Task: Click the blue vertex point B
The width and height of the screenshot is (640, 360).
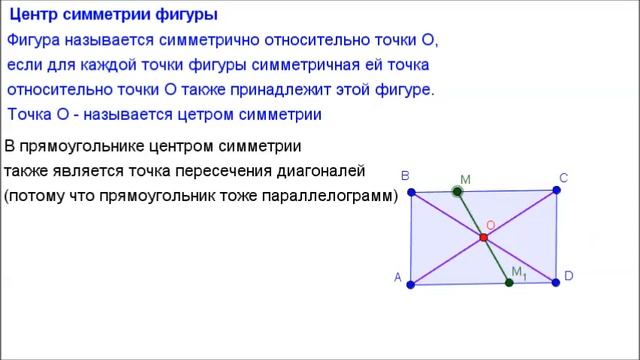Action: tap(411, 192)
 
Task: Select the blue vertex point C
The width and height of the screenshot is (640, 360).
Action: tap(556, 190)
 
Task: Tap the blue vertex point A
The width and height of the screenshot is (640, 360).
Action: tap(411, 284)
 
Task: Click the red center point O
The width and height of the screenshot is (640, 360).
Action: tap(483, 237)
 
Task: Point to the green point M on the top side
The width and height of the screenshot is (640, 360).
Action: tap(457, 191)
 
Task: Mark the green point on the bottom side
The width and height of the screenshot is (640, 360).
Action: tap(509, 283)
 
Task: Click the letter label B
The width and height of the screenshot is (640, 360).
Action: tap(405, 176)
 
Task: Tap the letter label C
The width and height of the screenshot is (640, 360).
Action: tap(564, 177)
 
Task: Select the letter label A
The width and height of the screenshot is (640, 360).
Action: tap(398, 279)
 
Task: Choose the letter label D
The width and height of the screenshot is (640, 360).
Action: tap(568, 275)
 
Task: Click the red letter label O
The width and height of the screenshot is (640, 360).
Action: tap(490, 225)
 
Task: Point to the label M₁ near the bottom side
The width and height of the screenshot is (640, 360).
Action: tap(518, 272)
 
